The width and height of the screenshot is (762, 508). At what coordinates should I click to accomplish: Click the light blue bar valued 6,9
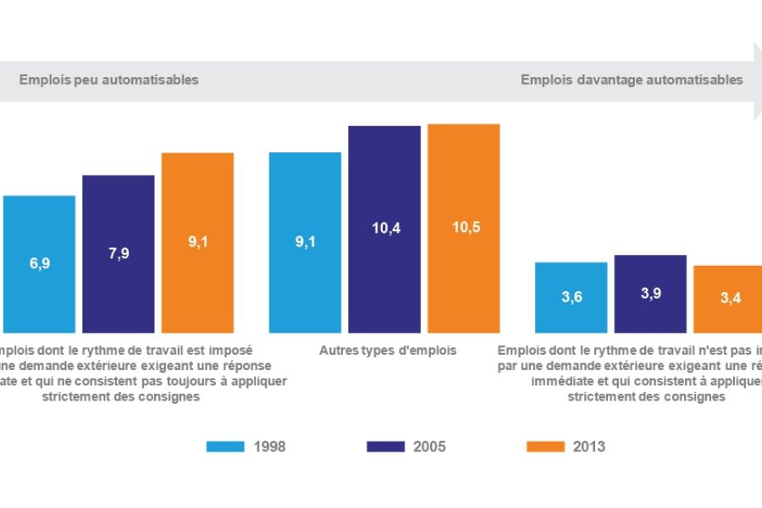(39, 263)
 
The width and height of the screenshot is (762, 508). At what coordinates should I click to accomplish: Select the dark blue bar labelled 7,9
(119, 253)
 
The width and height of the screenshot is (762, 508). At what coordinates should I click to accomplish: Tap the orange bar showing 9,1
(197, 242)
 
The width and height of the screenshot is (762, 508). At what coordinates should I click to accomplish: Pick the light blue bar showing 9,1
(305, 242)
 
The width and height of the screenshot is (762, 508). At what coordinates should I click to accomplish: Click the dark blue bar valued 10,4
(384, 229)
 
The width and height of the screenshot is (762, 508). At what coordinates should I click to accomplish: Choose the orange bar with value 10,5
(463, 228)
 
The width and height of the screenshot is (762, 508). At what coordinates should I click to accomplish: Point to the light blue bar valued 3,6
(571, 297)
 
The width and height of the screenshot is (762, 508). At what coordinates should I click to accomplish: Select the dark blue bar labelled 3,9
(650, 293)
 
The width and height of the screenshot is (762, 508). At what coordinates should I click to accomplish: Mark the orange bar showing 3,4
(728, 299)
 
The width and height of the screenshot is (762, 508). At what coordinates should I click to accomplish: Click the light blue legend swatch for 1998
(225, 446)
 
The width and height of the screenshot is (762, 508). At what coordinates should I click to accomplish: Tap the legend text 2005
(429, 447)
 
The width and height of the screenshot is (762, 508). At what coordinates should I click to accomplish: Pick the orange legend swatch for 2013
(545, 446)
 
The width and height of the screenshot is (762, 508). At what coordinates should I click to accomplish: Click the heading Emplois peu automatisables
(108, 80)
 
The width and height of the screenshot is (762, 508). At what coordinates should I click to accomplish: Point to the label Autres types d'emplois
(388, 350)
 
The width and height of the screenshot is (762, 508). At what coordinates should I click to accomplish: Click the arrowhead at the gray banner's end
(758, 80)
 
